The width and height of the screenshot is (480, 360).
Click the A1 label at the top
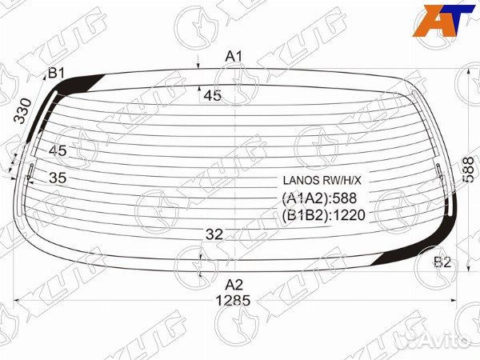point(233,56)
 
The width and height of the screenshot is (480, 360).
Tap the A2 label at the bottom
point(233,284)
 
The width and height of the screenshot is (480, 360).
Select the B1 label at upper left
point(56,74)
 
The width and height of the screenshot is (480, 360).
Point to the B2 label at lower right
point(442,262)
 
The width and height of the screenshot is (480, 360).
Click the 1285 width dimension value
point(233,302)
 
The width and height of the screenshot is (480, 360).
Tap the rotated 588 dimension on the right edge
point(468,170)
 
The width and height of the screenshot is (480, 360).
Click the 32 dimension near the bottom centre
point(214,234)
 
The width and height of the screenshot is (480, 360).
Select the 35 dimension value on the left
point(58,178)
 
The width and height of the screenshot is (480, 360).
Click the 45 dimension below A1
point(212,96)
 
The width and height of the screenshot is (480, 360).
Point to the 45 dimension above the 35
point(58,150)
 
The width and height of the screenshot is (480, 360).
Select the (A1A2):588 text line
point(318,198)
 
